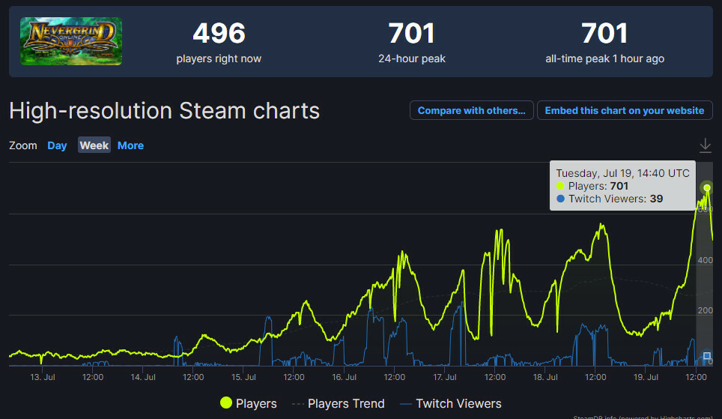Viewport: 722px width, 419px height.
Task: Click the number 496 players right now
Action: click(219, 34)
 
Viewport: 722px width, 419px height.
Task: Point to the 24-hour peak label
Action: click(412, 58)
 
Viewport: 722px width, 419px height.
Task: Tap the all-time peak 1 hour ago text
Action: click(604, 58)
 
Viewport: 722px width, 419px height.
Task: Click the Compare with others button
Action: click(471, 110)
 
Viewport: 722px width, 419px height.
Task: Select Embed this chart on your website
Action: click(624, 110)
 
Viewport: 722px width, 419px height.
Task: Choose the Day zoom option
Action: click(57, 145)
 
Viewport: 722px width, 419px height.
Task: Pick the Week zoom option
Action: click(94, 145)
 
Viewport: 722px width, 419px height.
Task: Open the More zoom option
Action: click(130, 145)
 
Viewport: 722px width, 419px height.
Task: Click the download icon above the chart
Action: click(705, 145)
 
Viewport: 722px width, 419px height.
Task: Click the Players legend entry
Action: click(249, 403)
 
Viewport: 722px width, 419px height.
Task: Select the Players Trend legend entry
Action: click(339, 403)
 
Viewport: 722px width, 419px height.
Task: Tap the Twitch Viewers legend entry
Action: click(450, 403)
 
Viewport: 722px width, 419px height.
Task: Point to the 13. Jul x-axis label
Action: click(42, 377)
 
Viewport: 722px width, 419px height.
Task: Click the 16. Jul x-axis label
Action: click(343, 377)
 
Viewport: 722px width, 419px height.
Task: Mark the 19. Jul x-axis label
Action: click(645, 377)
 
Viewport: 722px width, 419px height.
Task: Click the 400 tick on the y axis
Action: click(705, 260)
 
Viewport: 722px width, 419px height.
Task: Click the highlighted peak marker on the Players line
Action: click(706, 187)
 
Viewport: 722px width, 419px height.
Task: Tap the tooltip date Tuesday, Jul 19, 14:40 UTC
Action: click(622, 172)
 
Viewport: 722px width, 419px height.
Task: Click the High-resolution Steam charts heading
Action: click(164, 111)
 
